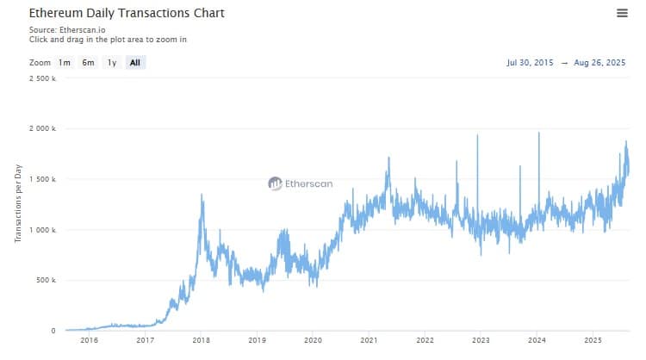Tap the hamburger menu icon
pos(622,13)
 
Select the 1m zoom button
pos(65,63)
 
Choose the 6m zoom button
pos(88,63)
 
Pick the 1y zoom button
pos(111,63)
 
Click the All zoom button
pos(135,63)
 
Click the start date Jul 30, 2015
pos(531,63)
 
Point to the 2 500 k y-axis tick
pos(42,78)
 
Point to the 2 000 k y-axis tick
pos(42,129)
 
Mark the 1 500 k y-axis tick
pos(42,179)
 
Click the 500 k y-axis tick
pos(45,281)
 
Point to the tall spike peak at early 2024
pos(538,133)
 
